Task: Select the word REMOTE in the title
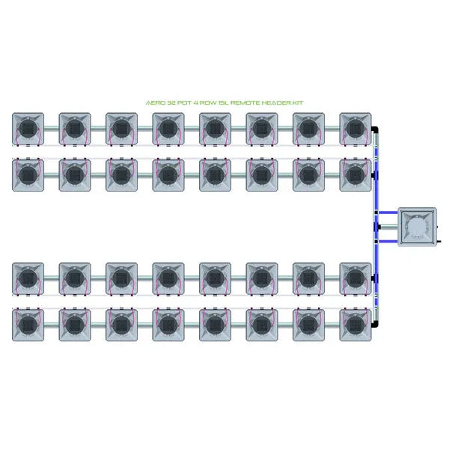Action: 245,103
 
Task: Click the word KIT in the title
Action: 298,103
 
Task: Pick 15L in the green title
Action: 224,103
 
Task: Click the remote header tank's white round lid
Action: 418,227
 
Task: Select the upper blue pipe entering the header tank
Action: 388,213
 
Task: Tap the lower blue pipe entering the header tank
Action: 388,242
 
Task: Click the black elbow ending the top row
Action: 375,129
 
